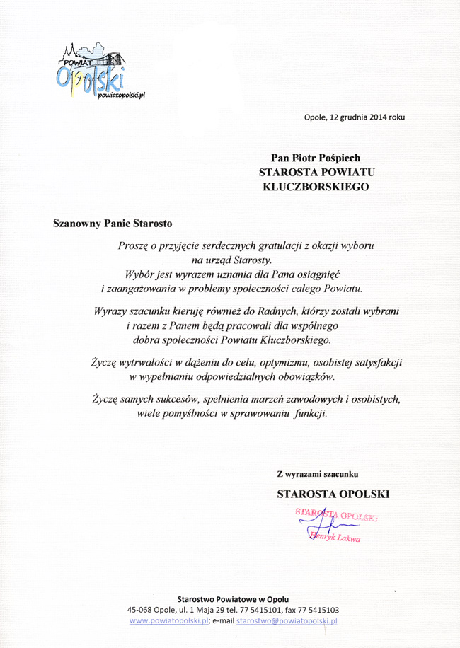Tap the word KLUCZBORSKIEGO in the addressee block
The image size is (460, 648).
point(316,187)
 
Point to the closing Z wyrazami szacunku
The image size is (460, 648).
point(318,473)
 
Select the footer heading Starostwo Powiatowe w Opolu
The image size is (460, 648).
point(233,598)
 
